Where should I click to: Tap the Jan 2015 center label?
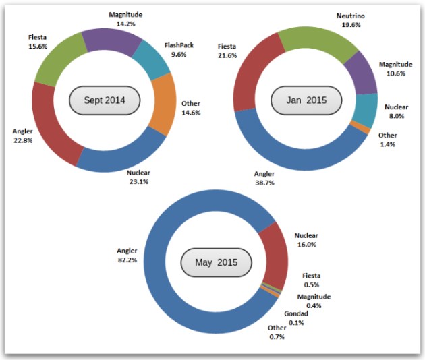pyautogui.click(x=306, y=100)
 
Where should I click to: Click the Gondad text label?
pyautogui.click(x=296, y=313)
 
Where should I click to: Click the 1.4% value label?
pyautogui.click(x=387, y=144)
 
